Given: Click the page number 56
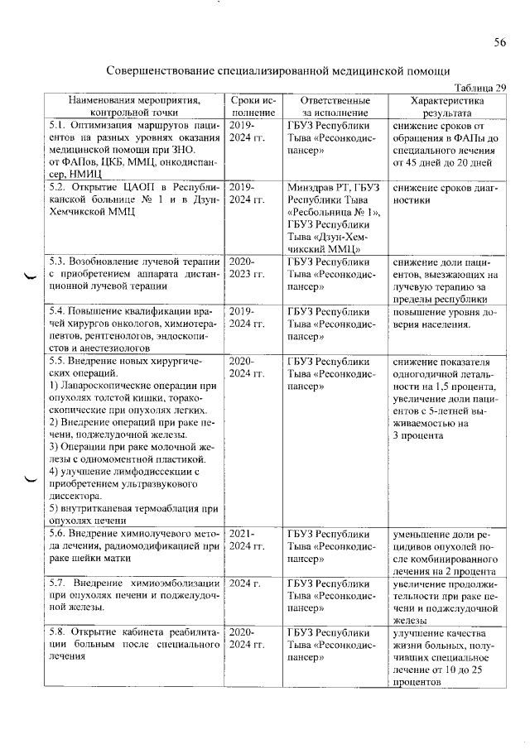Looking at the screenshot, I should (x=500, y=42).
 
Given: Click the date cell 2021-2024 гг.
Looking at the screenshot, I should (x=248, y=540).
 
